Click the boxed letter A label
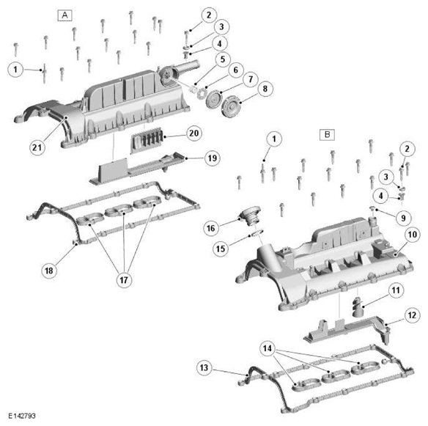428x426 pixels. tap(64, 15)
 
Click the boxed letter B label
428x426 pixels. tap(327, 135)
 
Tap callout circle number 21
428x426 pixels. tap(37, 147)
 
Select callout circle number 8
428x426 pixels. tap(265, 89)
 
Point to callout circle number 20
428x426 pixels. tap(194, 133)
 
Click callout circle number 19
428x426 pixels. tap(213, 158)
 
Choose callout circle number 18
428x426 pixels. tap(49, 271)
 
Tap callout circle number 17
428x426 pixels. tap(124, 280)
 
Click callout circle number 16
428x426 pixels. tap(211, 228)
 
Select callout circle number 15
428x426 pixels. tap(221, 249)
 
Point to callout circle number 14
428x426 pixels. tap(267, 348)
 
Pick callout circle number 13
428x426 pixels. tap(204, 367)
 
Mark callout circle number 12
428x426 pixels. tap(412, 315)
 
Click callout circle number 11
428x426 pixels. tap(396, 290)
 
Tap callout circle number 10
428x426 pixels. tap(412, 235)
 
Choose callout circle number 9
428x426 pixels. tap(403, 218)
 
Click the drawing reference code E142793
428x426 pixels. tap(22, 416)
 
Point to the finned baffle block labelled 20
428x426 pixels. tap(147, 140)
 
